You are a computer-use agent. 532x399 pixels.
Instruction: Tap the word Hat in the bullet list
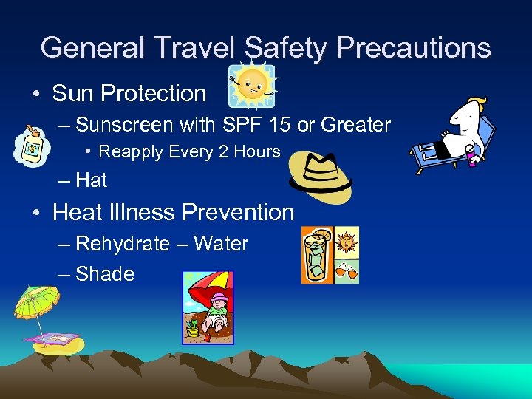(x=92, y=180)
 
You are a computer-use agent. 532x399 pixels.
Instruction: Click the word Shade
(x=105, y=274)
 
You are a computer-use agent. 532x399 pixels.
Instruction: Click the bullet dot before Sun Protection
(x=35, y=94)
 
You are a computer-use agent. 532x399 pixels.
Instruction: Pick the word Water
(x=221, y=244)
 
